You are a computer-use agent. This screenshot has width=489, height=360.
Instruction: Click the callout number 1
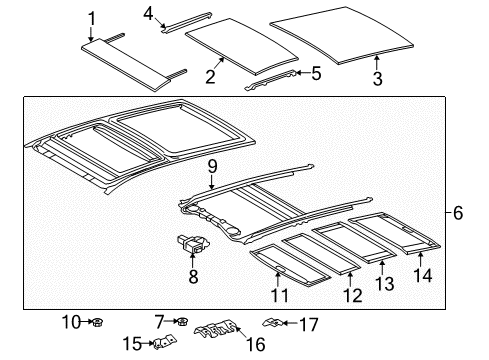coord(92,17)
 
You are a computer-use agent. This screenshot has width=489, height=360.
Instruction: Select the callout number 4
coord(149,13)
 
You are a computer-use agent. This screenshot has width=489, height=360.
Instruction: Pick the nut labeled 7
coord(184,322)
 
